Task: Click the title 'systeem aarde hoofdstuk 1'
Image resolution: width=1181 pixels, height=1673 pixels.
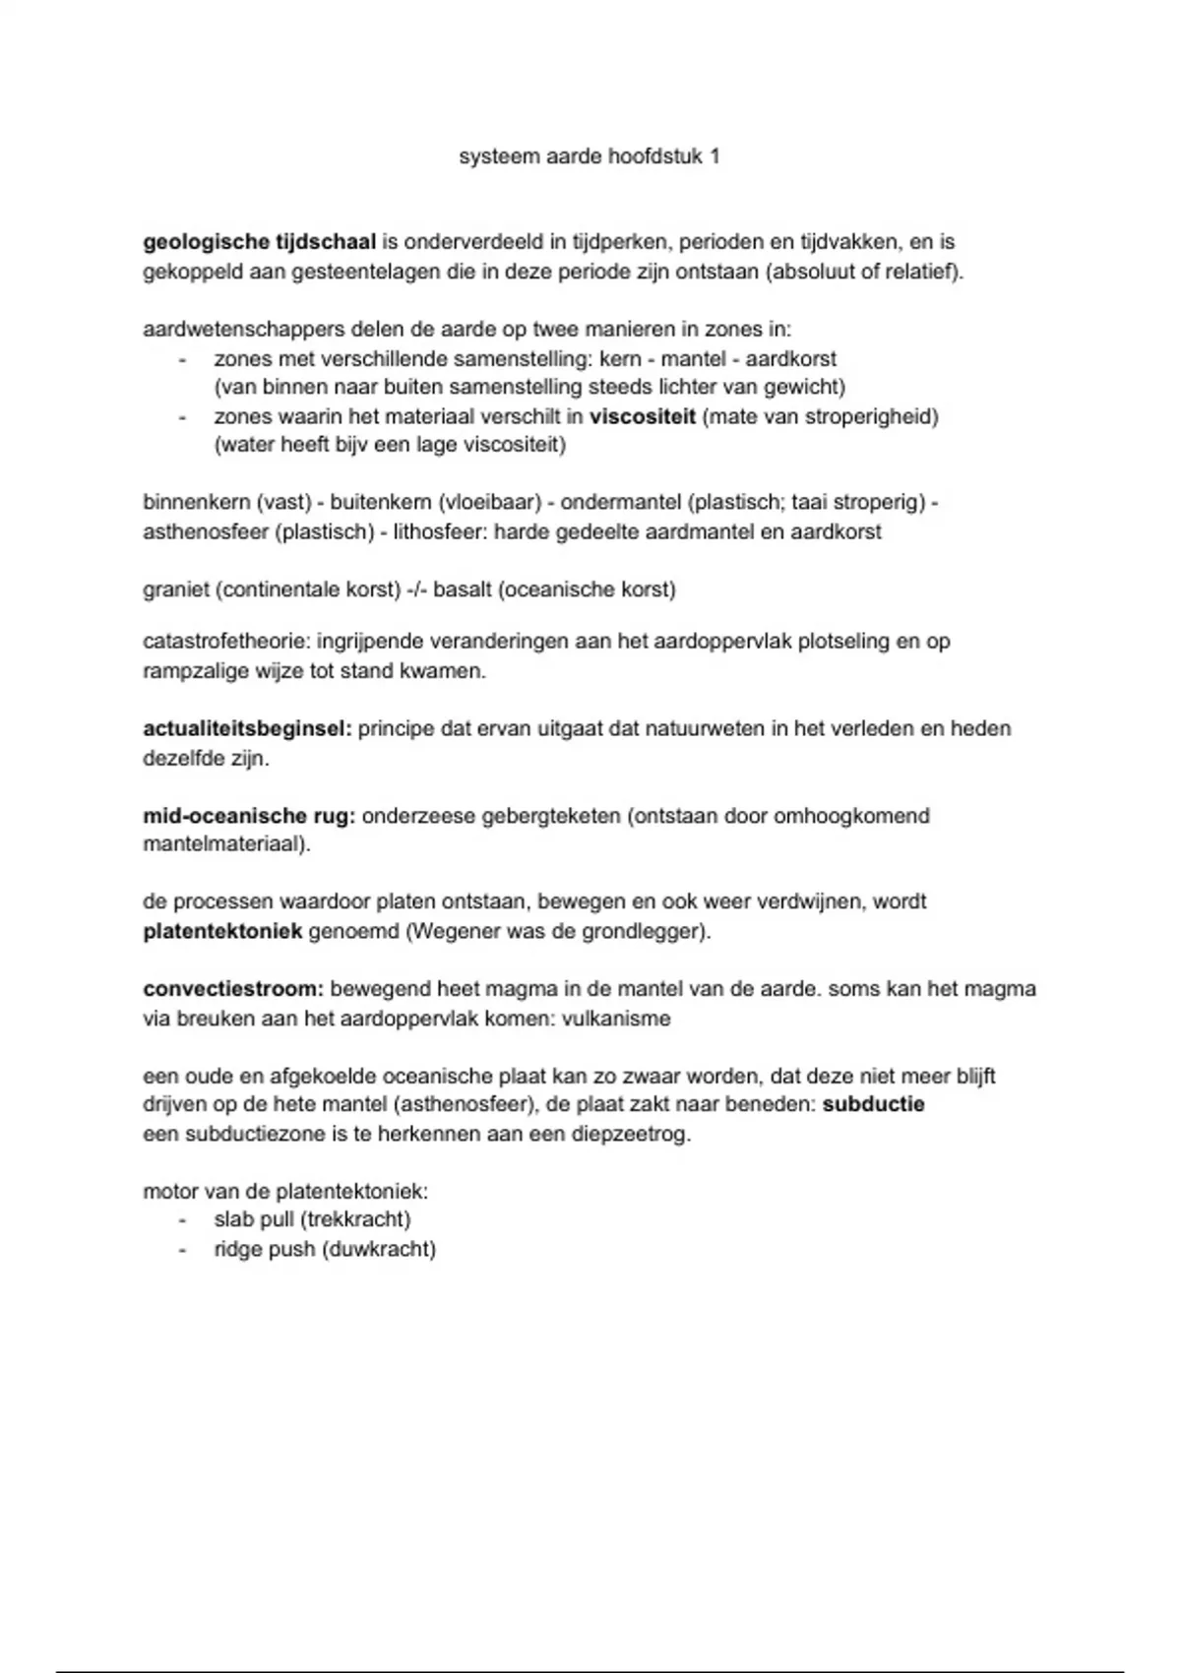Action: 589,156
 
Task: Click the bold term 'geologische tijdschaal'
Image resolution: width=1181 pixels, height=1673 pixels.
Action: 260,242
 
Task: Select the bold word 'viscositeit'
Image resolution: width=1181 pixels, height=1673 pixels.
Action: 643,416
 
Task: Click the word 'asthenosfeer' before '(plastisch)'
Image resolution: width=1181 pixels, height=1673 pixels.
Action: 206,532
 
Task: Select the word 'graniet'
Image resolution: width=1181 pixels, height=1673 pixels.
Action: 176,589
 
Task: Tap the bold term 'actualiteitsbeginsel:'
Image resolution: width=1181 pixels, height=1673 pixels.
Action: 247,729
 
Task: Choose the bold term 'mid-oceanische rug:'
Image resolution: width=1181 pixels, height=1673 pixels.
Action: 249,816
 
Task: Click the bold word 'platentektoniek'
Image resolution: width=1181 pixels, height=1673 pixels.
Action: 222,931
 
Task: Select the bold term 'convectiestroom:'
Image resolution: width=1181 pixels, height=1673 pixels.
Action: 233,989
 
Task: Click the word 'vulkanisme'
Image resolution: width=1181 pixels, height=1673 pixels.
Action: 616,1019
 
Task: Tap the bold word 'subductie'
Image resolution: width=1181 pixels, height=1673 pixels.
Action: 873,1104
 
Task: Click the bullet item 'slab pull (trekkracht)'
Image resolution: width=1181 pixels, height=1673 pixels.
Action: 312,1220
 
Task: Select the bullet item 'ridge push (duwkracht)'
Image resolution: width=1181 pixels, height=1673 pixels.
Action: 325,1250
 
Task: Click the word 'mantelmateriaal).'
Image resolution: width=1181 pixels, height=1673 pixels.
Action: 226,844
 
